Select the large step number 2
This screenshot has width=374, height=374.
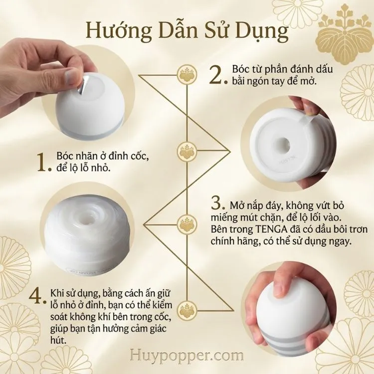coord(218,75)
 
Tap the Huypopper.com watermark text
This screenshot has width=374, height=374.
coord(187,356)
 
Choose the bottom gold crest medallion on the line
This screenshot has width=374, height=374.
coord(187,310)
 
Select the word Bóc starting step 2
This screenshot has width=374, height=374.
coord(239,69)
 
